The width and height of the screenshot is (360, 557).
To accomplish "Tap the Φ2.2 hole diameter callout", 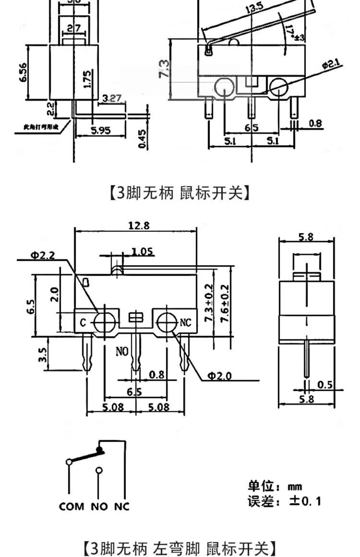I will [x=43, y=255].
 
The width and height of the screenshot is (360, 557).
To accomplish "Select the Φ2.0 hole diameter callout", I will [x=219, y=376].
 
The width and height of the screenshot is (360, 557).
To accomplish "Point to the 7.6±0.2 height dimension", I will [x=224, y=304].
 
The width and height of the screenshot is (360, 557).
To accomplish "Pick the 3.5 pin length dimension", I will [x=43, y=355].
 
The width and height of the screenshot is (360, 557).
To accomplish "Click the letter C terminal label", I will [x=83, y=323].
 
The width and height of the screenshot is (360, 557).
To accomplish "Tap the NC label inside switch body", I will [x=185, y=323].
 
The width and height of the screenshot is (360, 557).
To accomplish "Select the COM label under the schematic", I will [x=72, y=506].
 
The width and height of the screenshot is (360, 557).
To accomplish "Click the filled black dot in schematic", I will [x=100, y=450].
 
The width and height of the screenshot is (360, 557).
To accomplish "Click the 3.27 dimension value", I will [x=112, y=98].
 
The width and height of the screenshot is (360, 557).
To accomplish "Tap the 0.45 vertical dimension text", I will [x=143, y=139].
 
